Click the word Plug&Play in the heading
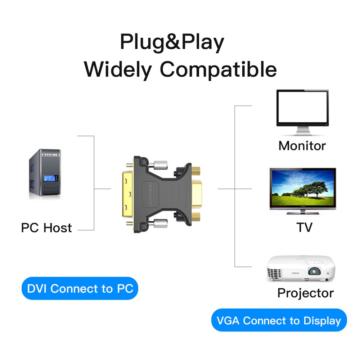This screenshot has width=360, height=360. point(172,42)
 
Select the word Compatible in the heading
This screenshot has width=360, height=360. point(218,69)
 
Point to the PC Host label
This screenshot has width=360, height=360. point(46,228)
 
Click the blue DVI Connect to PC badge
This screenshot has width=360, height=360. point(80,288)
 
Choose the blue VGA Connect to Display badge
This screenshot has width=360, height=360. point(279,320)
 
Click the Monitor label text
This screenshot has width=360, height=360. point(302,146)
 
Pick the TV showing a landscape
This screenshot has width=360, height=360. point(302,190)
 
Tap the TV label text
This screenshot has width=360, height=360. point(304,228)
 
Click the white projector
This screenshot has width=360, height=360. point(301,269)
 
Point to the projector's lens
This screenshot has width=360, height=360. point(314,272)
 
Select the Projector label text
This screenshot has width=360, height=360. point(305,293)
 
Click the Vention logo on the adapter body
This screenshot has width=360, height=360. point(151,195)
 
